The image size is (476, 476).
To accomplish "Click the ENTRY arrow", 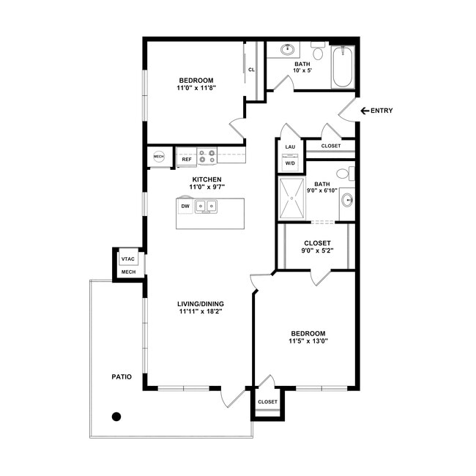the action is click(365, 111).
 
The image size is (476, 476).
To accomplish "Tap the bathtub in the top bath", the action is click(343, 67).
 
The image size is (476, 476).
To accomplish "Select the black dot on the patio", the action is click(116, 417).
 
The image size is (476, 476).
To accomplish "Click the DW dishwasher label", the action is click(185, 206).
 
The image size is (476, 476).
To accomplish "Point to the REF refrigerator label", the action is click(187, 159).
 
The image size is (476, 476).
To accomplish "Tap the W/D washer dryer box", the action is click(290, 163).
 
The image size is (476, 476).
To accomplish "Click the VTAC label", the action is click(128, 259).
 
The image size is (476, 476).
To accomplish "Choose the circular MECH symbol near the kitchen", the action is click(159, 157).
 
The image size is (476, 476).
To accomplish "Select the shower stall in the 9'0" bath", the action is click(291, 198).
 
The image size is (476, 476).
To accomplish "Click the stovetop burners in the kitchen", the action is click(207, 156).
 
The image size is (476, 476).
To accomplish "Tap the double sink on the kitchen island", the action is click(206, 207).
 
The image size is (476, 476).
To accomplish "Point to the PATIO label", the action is click(122, 376).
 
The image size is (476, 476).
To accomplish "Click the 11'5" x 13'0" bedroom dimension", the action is click(308, 341).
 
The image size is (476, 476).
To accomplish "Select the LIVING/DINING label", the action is click(201, 304).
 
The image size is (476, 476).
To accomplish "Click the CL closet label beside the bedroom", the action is click(251, 70).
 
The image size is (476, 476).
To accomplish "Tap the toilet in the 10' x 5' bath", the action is click(318, 51).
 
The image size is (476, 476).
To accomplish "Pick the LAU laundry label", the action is click(290, 147).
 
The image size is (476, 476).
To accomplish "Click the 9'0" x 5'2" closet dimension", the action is click(317, 250).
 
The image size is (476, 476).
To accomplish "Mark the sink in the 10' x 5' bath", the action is click(287, 49).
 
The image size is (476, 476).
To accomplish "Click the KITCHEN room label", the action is click(207, 179).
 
